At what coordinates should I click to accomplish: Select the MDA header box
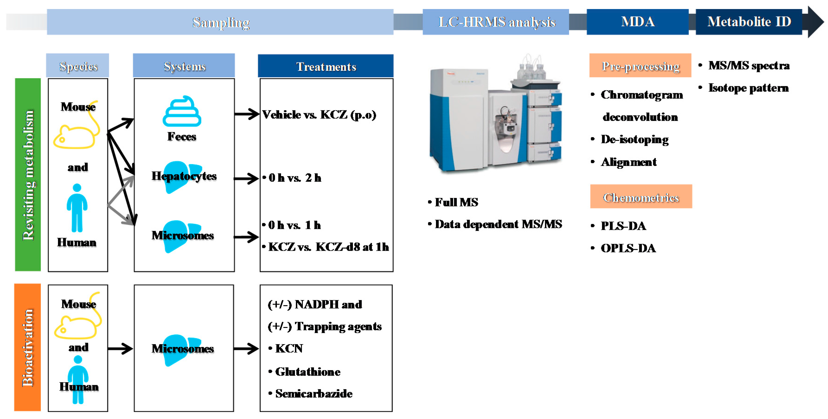tap(637, 22)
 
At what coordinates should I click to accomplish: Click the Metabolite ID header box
tap(749, 22)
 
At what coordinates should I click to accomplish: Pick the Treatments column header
tap(326, 66)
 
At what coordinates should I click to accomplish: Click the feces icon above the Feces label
tap(182, 111)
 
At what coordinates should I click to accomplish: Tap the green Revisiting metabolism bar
tap(28, 175)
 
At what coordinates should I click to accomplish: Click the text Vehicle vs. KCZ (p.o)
tap(319, 115)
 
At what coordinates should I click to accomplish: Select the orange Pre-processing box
tap(640, 66)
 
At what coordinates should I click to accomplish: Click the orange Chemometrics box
tap(641, 197)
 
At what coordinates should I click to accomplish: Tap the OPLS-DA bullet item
tap(628, 248)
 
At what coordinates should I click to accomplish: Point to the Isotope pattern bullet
tap(748, 88)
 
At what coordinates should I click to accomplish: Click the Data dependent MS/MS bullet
tap(498, 224)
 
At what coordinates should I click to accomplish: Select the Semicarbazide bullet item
tap(313, 394)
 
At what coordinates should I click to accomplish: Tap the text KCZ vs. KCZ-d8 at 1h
tap(328, 247)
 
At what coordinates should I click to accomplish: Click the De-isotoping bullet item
tap(634, 140)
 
